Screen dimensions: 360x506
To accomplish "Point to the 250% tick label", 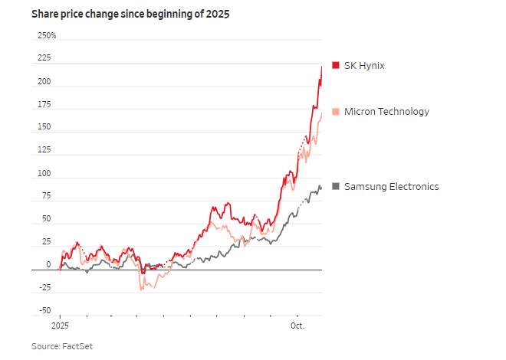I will tap(47, 35).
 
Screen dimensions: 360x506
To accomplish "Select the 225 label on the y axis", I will tap(44, 58).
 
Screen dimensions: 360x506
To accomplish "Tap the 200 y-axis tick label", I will tap(44, 81).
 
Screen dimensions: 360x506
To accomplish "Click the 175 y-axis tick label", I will tap(44, 104).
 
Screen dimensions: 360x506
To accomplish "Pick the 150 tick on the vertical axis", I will tap(44, 127).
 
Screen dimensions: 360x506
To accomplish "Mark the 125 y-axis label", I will tap(44, 150).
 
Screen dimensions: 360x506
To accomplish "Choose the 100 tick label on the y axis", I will tap(44, 173).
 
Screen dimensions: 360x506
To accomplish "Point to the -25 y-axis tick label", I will tap(44, 288).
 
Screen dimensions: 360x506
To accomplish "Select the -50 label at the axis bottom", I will tap(44, 311).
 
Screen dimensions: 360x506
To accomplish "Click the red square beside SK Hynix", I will tap(335, 66).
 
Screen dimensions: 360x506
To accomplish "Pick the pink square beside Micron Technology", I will tap(335, 112).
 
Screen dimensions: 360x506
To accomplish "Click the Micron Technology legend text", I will tap(386, 112).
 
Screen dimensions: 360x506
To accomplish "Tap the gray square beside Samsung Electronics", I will tap(335, 186).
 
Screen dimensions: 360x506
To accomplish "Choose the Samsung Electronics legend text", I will tap(391, 186).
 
